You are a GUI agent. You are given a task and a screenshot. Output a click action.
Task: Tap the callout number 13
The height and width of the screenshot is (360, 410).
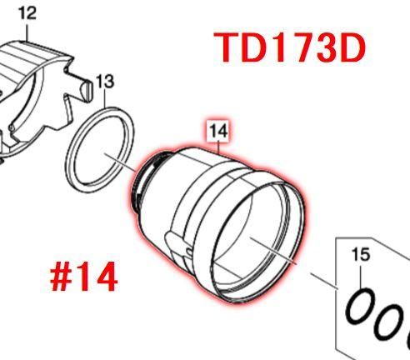(103, 81)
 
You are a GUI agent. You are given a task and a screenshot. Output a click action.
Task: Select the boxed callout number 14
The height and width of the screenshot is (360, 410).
(218, 130)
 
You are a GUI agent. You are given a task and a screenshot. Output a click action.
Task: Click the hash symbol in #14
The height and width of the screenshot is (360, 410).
(63, 277)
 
